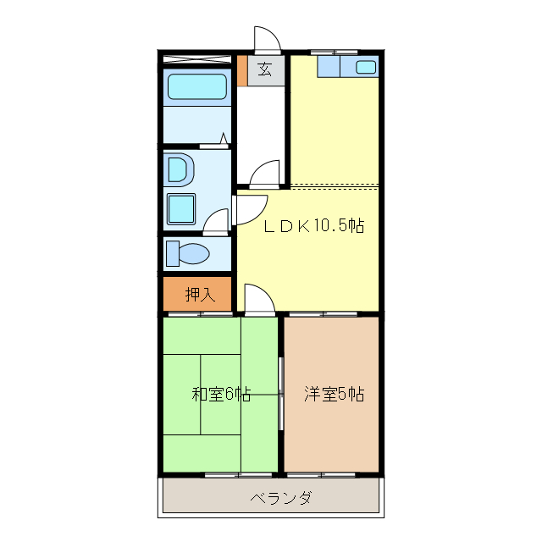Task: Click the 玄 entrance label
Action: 265,70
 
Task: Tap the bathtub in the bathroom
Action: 196,87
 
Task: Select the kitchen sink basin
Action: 366,68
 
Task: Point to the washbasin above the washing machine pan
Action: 180,169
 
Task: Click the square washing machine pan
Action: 181,208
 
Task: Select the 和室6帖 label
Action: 221,394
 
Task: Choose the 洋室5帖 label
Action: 334,394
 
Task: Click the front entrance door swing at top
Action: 266,39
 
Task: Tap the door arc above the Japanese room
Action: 258,298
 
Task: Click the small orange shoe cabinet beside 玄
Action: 242,70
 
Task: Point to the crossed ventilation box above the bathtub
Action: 196,59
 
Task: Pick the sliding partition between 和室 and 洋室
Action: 281,394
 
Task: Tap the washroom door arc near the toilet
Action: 215,222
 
